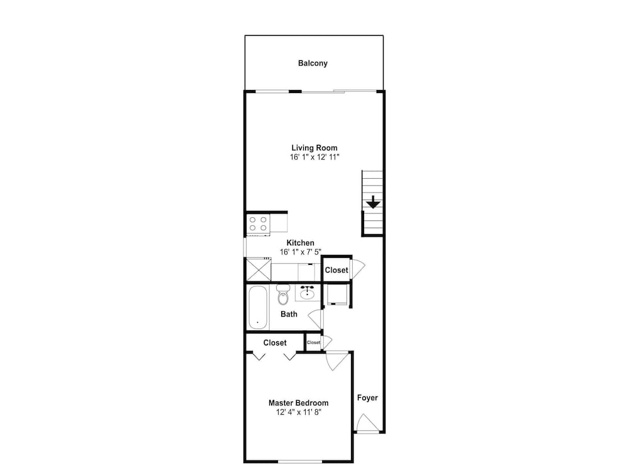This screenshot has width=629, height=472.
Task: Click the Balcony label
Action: point(313,63)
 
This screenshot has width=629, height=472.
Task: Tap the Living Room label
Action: point(314,148)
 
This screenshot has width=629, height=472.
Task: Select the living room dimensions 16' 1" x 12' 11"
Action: point(314,157)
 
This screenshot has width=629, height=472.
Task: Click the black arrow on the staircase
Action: point(373,202)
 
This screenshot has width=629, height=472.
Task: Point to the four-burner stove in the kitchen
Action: point(259,223)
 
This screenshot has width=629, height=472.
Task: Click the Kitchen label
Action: point(300,243)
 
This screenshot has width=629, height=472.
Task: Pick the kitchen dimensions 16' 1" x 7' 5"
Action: point(301,252)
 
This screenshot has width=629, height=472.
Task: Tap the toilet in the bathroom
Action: point(283,295)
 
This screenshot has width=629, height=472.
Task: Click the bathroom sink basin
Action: point(308,293)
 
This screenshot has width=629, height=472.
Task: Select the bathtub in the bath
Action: point(257,307)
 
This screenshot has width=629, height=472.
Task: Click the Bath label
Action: point(289,314)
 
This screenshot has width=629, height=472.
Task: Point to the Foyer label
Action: point(367,398)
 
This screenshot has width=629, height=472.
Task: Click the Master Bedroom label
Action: point(298,403)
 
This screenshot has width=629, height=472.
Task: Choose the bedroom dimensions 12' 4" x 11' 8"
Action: point(298,412)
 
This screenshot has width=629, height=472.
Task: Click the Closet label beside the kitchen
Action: point(336,270)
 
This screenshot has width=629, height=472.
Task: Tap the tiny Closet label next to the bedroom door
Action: point(313,342)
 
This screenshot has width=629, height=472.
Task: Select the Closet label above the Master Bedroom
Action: point(275,343)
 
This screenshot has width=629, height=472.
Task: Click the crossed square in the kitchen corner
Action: point(259,270)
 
